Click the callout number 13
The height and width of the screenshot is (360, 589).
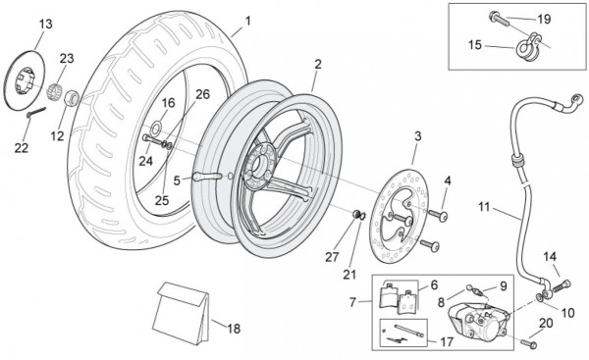coord(46,24)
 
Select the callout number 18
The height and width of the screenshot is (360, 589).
coord(234,329)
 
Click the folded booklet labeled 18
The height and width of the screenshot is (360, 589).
coord(182,313)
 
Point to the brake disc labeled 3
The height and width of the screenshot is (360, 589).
coord(399,216)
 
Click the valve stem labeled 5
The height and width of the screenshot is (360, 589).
coord(207,176)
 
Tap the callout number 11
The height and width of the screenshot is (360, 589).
coord(484,206)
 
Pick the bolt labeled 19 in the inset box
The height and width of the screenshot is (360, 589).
coord(499,19)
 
